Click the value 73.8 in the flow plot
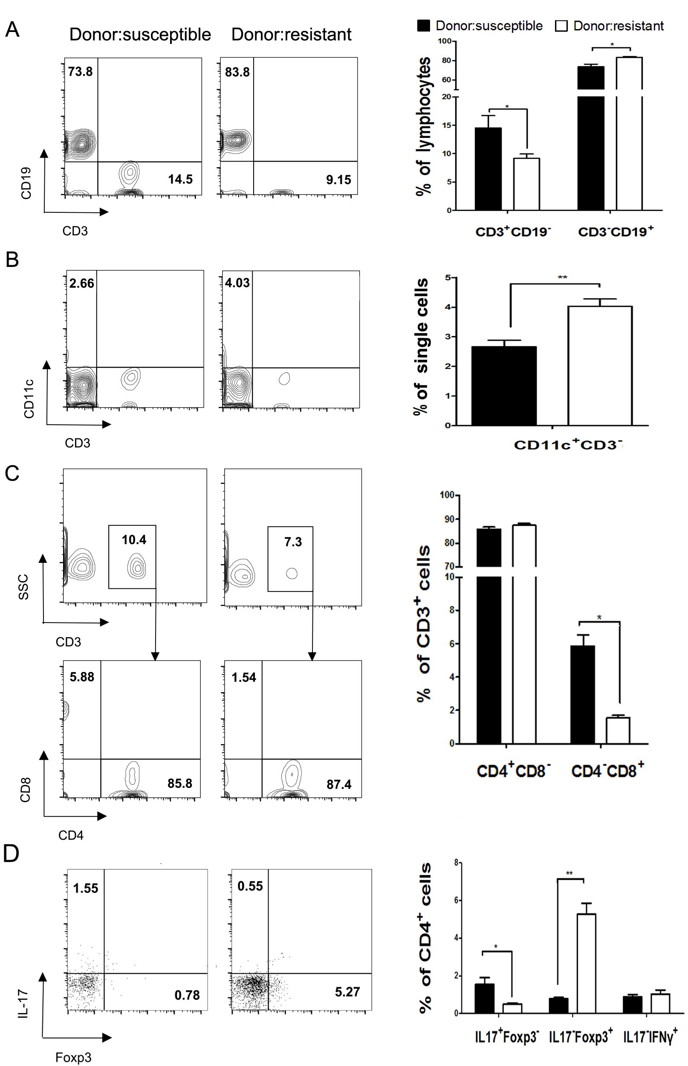click(x=81, y=72)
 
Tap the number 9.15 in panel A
click(x=338, y=180)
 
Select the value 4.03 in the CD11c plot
click(x=237, y=283)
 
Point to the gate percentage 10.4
click(x=134, y=540)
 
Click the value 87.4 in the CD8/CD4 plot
click(x=338, y=784)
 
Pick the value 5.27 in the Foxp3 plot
click(x=347, y=992)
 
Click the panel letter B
click(x=12, y=260)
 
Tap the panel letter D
click(x=12, y=853)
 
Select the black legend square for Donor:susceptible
click(x=424, y=26)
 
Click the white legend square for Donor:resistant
click(x=561, y=26)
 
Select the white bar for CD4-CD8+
click(x=617, y=730)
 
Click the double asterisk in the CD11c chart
click(x=562, y=278)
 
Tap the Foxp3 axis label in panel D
click(x=73, y=1057)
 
